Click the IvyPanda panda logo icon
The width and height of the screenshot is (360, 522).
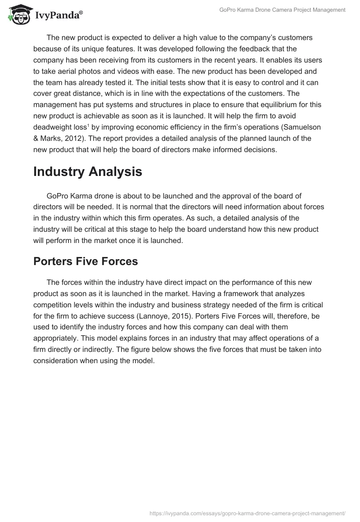(x=18, y=14)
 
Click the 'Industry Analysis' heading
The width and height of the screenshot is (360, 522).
(x=88, y=171)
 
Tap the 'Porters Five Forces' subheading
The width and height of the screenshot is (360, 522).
(x=85, y=261)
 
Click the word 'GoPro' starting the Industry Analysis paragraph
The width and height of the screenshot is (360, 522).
(x=57, y=196)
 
